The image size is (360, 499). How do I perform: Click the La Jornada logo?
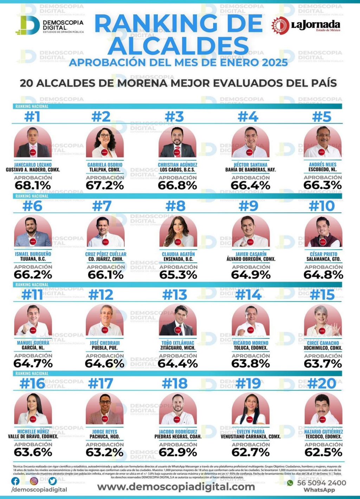306,25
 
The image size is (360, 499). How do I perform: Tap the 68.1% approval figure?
33,185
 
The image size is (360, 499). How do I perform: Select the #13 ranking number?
175,295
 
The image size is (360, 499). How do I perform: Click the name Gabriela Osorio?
105,164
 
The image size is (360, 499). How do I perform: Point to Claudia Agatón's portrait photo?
178,231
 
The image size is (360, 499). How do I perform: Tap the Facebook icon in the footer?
15,481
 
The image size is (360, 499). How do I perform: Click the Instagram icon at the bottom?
34,481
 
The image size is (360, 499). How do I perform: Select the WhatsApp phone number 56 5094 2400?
321,483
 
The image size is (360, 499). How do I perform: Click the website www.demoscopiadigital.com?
176,487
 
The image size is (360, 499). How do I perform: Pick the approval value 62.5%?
323,452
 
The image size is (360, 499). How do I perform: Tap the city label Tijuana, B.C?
33,259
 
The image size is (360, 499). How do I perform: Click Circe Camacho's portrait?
323,320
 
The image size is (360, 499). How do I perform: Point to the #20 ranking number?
322,383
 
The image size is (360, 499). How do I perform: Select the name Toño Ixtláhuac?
178,343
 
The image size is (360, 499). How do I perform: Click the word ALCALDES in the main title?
178,46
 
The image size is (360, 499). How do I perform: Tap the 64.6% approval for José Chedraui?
104,363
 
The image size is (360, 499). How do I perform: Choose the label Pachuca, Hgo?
104,436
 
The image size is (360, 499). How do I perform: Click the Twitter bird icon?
53,481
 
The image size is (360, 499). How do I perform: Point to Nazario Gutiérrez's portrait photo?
323,409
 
